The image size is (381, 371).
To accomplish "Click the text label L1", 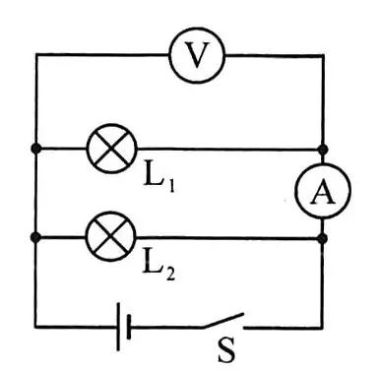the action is [159, 181].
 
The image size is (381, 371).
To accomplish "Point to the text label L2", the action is [159, 269].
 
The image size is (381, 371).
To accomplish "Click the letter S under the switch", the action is [226, 349].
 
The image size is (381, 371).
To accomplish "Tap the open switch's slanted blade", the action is [222, 321].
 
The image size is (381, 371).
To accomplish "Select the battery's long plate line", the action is [118, 327].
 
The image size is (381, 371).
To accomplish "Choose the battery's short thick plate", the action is [128, 327].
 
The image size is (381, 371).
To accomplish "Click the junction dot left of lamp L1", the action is [36, 149].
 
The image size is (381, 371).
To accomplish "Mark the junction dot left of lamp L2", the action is [35, 237].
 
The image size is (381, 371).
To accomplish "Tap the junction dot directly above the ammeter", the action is [323, 150].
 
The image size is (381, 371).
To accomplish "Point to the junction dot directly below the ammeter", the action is [323, 238].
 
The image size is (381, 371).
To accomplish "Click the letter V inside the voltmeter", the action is [197, 55].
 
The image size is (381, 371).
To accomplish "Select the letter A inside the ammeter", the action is [323, 192].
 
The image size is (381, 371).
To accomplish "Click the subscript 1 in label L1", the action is [171, 187].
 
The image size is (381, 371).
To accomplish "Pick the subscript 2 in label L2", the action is [170, 275].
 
